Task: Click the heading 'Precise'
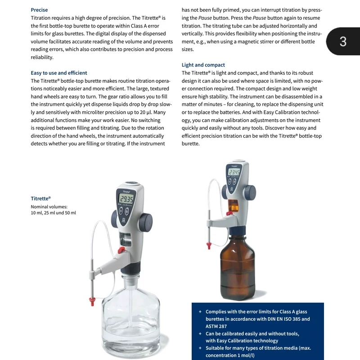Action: [x=39, y=10]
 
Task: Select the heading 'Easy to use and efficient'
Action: [x=59, y=73]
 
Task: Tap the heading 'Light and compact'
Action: [x=203, y=65]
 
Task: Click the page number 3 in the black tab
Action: [x=343, y=42]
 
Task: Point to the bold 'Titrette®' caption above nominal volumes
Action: [x=40, y=198]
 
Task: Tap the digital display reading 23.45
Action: [x=234, y=172]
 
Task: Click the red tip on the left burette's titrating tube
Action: [x=93, y=301]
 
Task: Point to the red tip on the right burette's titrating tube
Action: [x=208, y=245]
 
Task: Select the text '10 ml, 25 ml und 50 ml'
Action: [x=53, y=213]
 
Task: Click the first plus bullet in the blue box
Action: [x=200, y=312]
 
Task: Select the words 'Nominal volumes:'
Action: [x=49, y=207]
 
